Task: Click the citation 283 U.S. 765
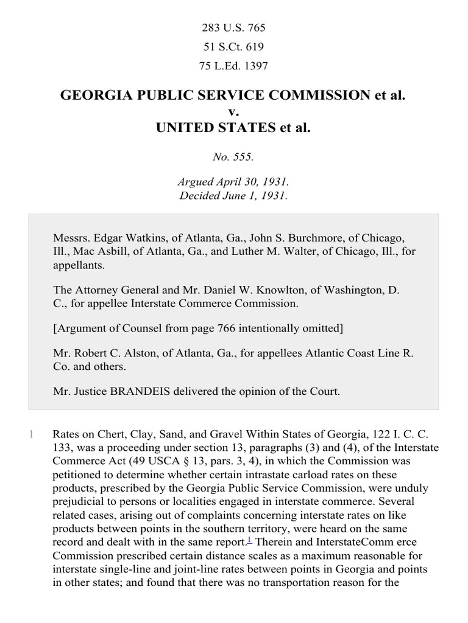(x=233, y=28)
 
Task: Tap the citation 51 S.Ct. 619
(x=233, y=47)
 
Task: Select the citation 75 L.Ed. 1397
(x=233, y=66)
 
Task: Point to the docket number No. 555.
(x=233, y=156)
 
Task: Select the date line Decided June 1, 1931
(x=233, y=196)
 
